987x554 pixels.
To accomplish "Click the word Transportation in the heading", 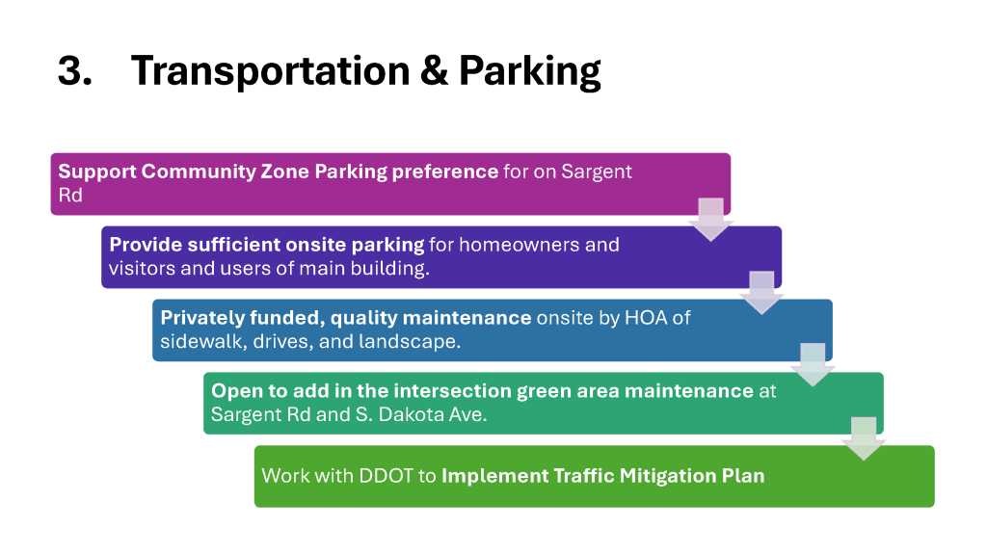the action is tap(271, 70).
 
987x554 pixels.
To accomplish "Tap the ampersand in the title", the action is tap(434, 70).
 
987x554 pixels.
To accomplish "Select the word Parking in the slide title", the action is tap(529, 71).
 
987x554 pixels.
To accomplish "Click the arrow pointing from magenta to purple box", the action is tap(710, 219).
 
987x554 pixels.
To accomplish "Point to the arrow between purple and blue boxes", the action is tap(761, 292).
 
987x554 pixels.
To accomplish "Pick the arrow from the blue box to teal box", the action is tap(813, 364).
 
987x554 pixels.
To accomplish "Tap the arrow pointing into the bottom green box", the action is tap(864, 438).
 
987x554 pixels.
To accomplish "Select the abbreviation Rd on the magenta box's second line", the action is tap(70, 196).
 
